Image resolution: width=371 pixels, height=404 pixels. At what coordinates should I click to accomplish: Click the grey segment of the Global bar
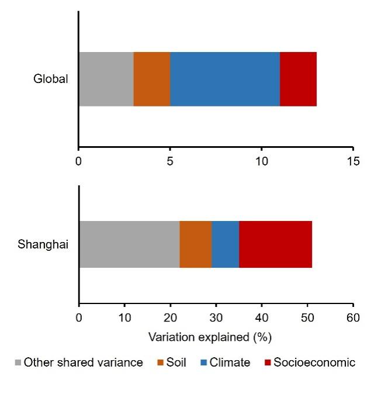pyautogui.click(x=106, y=79)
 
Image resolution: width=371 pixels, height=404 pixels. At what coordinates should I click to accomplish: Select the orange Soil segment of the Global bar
pyautogui.click(x=152, y=79)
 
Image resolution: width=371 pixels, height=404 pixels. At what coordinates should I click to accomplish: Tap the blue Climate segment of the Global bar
pyautogui.click(x=225, y=79)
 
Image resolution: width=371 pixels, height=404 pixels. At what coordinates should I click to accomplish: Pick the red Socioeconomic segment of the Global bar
pyautogui.click(x=298, y=79)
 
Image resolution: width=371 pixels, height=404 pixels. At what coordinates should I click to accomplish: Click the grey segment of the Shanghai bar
pyautogui.click(x=129, y=244)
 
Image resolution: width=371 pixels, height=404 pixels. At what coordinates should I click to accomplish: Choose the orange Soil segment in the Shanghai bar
pyautogui.click(x=196, y=244)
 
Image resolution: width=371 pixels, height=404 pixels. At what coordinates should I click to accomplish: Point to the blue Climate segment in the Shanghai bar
pyautogui.click(x=226, y=244)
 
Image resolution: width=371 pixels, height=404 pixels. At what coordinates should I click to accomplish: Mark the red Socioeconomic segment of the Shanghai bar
pyautogui.click(x=275, y=244)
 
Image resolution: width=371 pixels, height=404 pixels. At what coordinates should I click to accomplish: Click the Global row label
pyautogui.click(x=51, y=79)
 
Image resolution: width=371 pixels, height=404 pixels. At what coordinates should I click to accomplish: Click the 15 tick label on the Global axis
pyautogui.click(x=353, y=162)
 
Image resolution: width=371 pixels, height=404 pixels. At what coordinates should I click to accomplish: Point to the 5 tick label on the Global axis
pyautogui.click(x=170, y=162)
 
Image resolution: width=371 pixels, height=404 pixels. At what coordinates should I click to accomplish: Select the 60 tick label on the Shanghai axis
pyautogui.click(x=353, y=319)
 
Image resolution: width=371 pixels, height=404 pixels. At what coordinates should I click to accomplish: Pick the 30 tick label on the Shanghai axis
pyautogui.click(x=216, y=319)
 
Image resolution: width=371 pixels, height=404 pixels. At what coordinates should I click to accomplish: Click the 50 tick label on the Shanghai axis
pyautogui.click(x=307, y=319)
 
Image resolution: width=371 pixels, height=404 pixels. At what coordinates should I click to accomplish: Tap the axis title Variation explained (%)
pyautogui.click(x=210, y=337)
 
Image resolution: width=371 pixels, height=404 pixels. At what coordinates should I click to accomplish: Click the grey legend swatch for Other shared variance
pyautogui.click(x=18, y=363)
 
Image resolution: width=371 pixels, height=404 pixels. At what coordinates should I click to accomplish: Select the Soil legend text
pyautogui.click(x=176, y=362)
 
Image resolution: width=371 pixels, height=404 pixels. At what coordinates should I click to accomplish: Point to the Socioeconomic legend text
pyautogui.click(x=317, y=362)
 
